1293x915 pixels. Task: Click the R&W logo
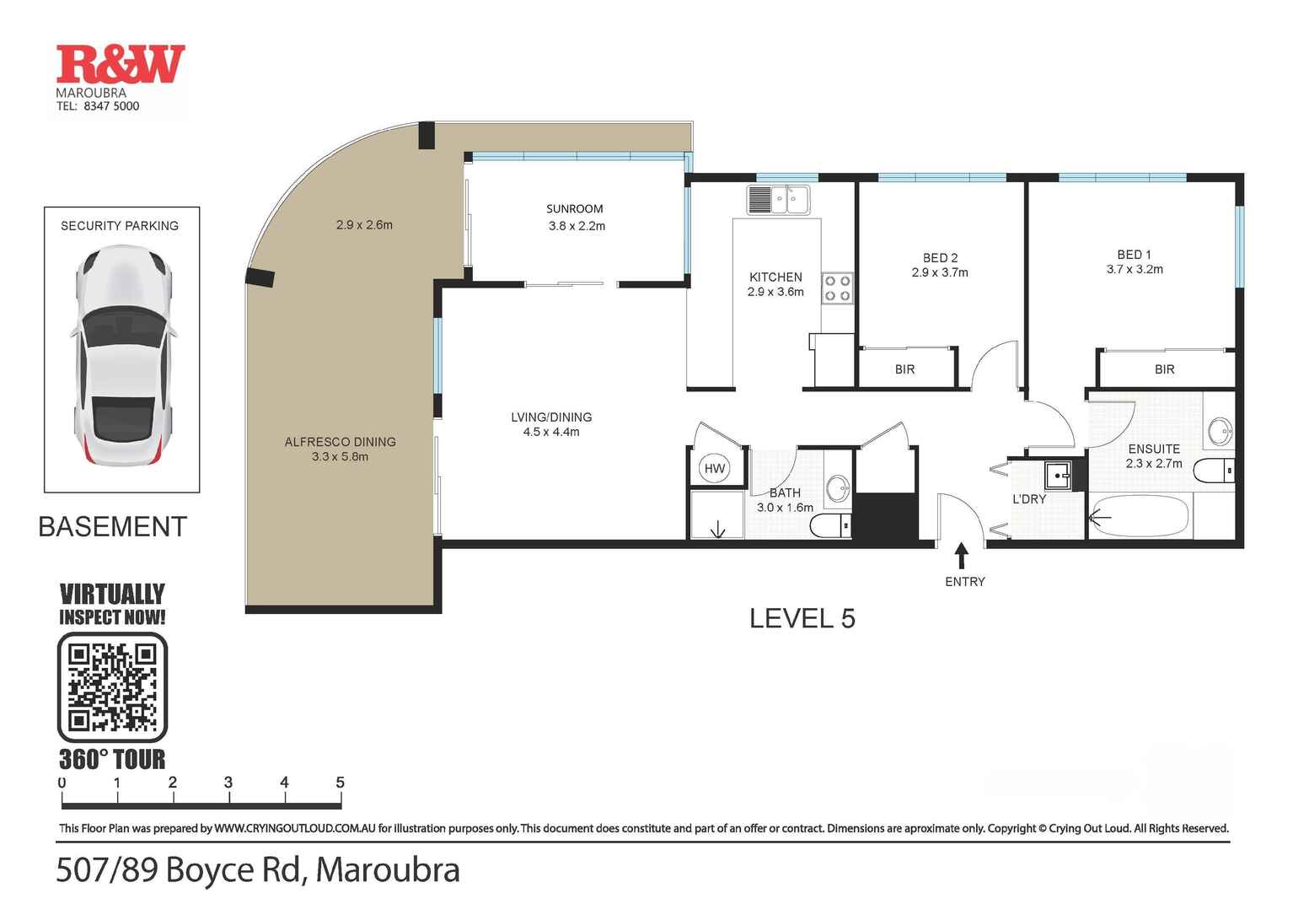[x=120, y=65]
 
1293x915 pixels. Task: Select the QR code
[x=112, y=687]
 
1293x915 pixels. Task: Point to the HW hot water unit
[x=715, y=469]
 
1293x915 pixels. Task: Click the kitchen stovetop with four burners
[x=837, y=288]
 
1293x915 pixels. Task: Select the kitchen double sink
[x=778, y=200]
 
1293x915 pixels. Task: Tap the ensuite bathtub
[x=1140, y=516]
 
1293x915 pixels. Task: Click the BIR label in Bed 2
[x=904, y=369]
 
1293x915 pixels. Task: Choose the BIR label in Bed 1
[x=1164, y=369]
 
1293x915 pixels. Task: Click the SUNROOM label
[x=575, y=209]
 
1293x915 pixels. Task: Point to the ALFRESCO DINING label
[x=340, y=442]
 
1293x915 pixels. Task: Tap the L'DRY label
[x=1029, y=499]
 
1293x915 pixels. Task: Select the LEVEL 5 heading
[x=802, y=618]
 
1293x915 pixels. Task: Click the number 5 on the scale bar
[x=340, y=783]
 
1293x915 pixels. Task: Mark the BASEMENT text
[x=112, y=527]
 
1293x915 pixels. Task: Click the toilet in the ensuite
[x=1215, y=471]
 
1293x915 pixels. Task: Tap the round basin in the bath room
[x=837, y=487]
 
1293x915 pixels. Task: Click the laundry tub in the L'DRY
[x=1057, y=475]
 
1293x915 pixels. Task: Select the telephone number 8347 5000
[x=111, y=106]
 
